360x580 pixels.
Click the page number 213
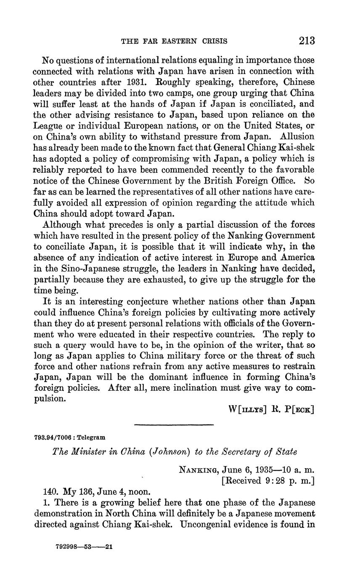[x=307, y=41]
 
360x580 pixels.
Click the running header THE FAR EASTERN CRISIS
[x=174, y=41]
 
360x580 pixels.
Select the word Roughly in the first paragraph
[x=162, y=82]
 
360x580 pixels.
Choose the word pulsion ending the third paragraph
[x=49, y=399]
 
